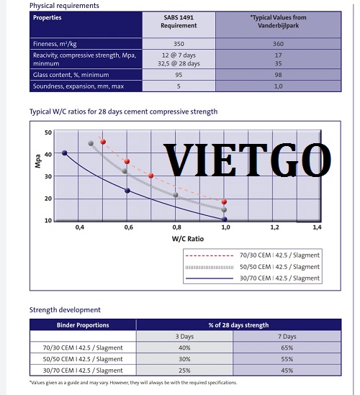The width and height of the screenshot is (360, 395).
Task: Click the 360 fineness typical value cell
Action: click(278, 44)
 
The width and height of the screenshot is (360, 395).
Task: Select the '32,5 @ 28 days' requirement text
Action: click(179, 63)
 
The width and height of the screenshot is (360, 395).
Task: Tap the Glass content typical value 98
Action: click(278, 75)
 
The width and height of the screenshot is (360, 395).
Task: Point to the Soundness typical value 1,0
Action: click(278, 86)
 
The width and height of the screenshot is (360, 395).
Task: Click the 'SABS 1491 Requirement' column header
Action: click(179, 22)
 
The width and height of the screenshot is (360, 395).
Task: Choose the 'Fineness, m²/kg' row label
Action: click(55, 44)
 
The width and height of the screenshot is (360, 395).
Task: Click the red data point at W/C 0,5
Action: click(103, 142)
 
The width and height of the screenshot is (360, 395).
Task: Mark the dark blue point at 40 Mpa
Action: click(65, 153)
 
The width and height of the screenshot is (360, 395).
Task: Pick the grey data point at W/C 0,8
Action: click(176, 195)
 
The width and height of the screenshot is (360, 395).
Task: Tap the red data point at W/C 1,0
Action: click(224, 201)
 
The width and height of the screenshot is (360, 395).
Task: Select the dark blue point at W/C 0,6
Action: click(127, 191)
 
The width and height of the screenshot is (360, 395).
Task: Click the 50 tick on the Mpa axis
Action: click(48, 132)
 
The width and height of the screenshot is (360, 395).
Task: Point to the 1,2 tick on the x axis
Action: click(274, 227)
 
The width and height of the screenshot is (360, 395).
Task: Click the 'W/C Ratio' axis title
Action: click(188, 239)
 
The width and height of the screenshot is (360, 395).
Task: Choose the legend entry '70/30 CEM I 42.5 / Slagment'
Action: click(252, 255)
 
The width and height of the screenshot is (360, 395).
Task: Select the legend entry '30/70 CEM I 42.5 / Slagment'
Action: click(252, 278)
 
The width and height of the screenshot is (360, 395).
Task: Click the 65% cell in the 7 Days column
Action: click(287, 348)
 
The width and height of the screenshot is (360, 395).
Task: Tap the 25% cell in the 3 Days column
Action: click(184, 371)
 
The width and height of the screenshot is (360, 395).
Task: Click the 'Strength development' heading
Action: click(65, 310)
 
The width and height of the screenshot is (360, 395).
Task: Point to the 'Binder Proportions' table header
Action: click(83, 325)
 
